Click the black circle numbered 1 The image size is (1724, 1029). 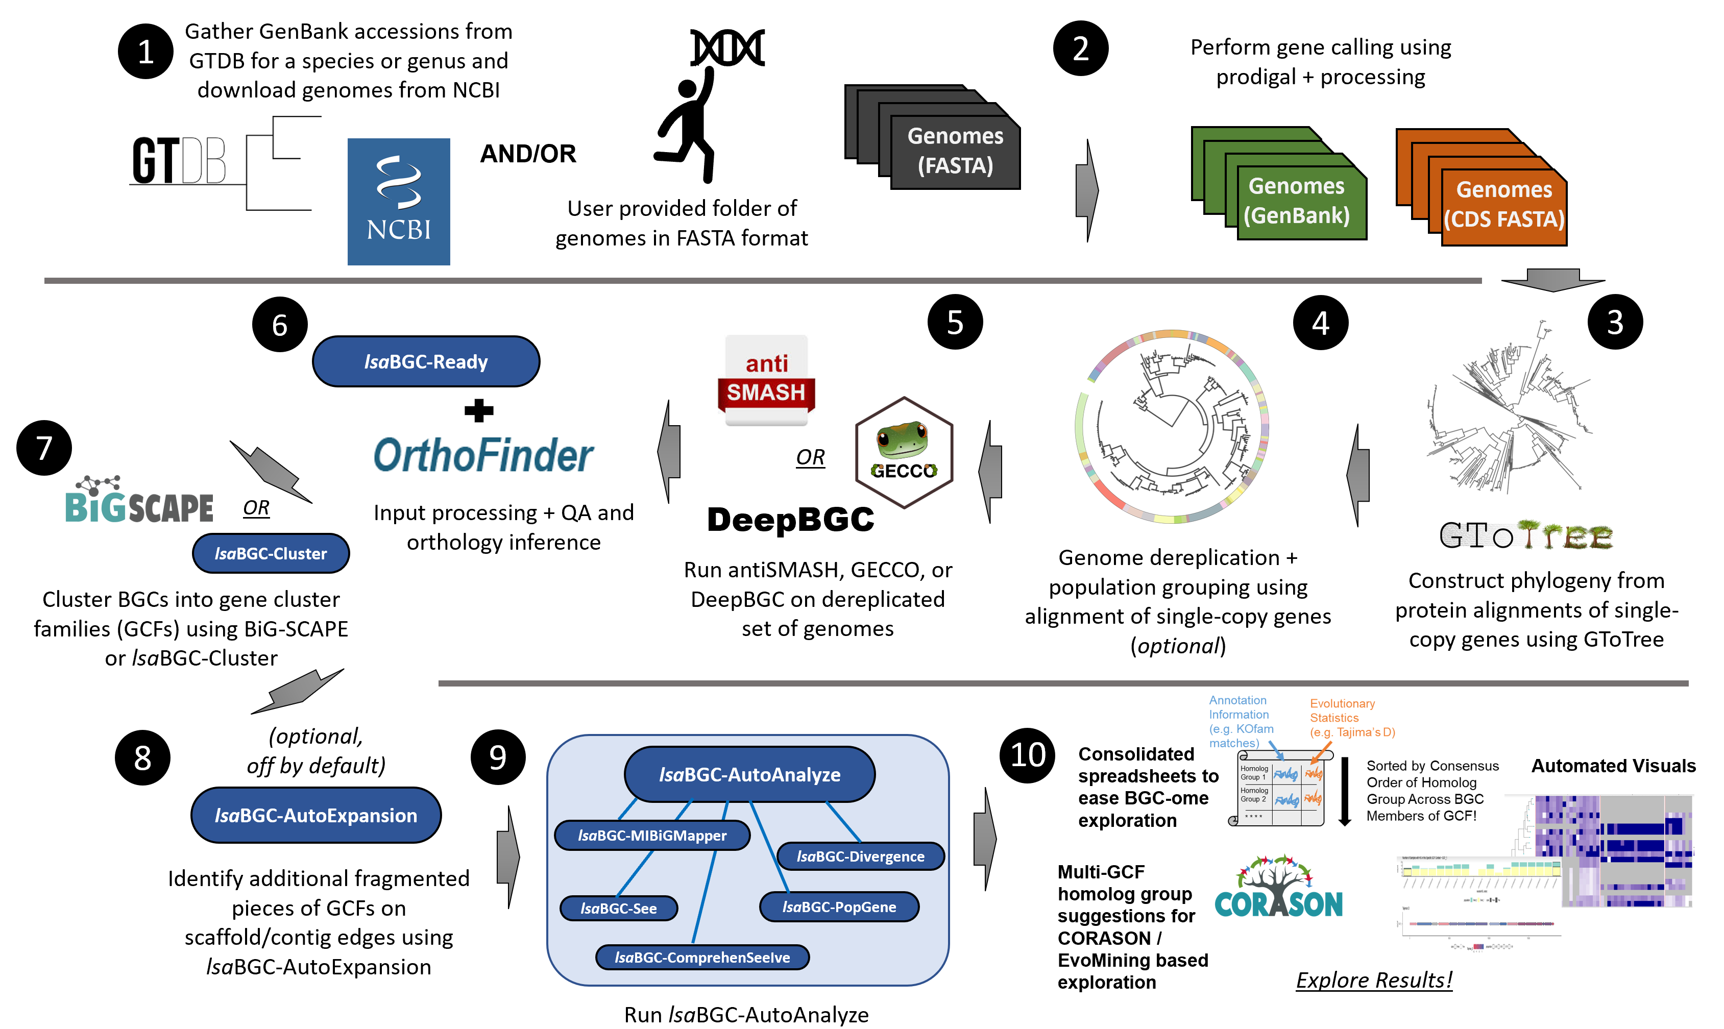pyautogui.click(x=145, y=52)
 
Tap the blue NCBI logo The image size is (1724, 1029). pyautogui.click(x=398, y=201)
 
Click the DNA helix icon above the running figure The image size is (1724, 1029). pyautogui.click(x=727, y=47)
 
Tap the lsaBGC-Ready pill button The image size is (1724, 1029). pyautogui.click(x=426, y=361)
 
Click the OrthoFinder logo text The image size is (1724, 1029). pyautogui.click(x=483, y=456)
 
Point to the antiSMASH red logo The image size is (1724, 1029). pyautogui.click(x=766, y=380)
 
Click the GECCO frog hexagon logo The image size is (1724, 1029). pyautogui.click(x=904, y=452)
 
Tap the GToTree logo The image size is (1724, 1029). pyautogui.click(x=1525, y=536)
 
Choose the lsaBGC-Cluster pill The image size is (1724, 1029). pyautogui.click(x=271, y=553)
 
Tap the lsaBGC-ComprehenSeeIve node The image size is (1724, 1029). pyautogui.click(x=702, y=957)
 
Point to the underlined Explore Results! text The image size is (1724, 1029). pyautogui.click(x=1373, y=980)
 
